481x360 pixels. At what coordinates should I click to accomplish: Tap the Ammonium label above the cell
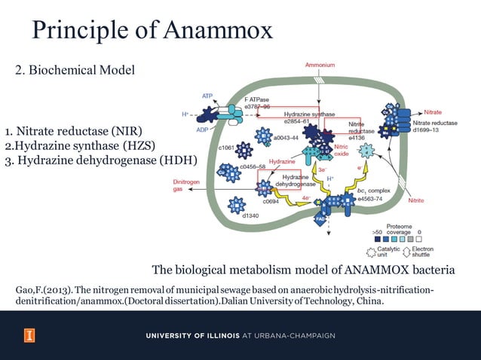(320, 66)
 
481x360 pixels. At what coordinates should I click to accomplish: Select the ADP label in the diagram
(202, 130)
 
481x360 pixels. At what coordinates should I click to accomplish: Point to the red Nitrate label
(433, 112)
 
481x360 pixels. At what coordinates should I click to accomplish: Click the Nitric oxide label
(341, 150)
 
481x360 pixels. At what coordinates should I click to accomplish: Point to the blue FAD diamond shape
(319, 221)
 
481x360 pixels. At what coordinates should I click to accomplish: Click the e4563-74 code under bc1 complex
(370, 199)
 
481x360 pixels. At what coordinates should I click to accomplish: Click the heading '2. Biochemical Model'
(75, 71)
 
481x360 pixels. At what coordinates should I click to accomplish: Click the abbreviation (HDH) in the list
(177, 160)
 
